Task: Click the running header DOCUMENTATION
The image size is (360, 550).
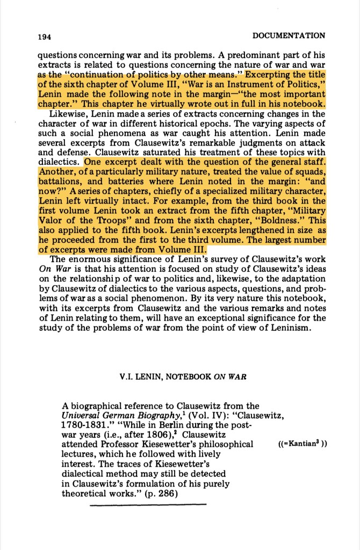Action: pos(288,36)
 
